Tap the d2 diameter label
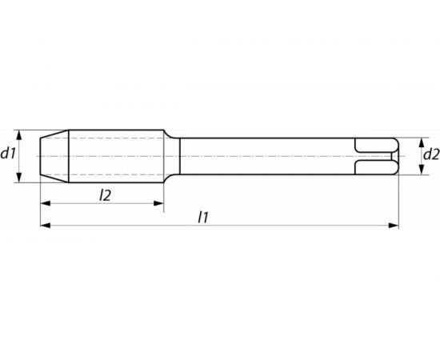[430, 154]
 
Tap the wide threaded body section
[116, 155]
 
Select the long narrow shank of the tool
[264, 155]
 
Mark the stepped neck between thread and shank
[172, 155]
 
